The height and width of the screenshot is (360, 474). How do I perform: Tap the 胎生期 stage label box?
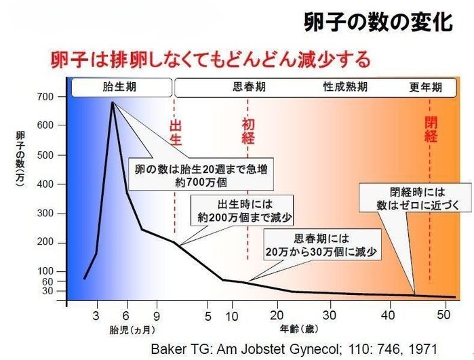tap(121, 88)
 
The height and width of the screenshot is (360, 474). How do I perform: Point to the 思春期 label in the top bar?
tap(249, 88)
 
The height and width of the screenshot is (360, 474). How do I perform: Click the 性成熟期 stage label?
tap(345, 88)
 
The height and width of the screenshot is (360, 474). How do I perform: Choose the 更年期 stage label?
tap(425, 88)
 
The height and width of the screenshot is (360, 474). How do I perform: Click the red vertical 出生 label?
tap(175, 133)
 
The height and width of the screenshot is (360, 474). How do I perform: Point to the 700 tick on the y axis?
tap(45, 97)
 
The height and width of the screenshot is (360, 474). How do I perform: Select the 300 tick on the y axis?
tap(45, 214)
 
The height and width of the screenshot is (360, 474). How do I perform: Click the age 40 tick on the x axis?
tap(388, 315)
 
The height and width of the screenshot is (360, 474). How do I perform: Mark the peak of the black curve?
tap(112, 102)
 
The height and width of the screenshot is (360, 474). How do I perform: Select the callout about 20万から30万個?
tap(321, 245)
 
